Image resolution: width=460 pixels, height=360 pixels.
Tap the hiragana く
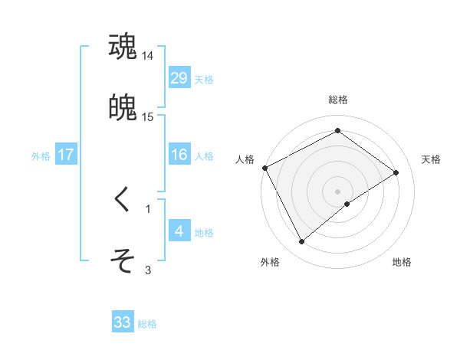pos(123,200)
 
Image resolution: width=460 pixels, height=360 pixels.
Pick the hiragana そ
pos(123,260)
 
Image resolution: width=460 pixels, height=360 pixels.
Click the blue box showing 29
pos(179,78)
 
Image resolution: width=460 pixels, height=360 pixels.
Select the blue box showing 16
pos(179,155)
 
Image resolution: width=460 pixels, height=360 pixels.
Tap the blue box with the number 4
pos(179,231)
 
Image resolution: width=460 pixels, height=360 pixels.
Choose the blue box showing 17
pos(66,155)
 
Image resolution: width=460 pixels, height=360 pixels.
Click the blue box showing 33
pos(123,322)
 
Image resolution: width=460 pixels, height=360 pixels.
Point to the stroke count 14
pos(148,56)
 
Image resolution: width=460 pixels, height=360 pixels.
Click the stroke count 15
pos(148,116)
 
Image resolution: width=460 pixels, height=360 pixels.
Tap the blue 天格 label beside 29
pos(204,80)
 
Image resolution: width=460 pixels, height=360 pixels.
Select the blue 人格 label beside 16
pos(204,156)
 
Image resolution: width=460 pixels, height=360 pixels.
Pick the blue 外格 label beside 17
pos(41,156)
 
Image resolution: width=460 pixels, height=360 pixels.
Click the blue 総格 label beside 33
pos(148,324)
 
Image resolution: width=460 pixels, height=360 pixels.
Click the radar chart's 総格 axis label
pos(338,100)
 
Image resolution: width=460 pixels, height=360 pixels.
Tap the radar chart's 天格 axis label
pos(431,159)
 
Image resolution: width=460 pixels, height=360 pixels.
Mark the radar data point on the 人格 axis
pos(264,168)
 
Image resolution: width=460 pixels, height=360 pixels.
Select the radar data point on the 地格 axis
pos(347,204)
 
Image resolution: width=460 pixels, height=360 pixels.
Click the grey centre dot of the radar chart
pos(338,191)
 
